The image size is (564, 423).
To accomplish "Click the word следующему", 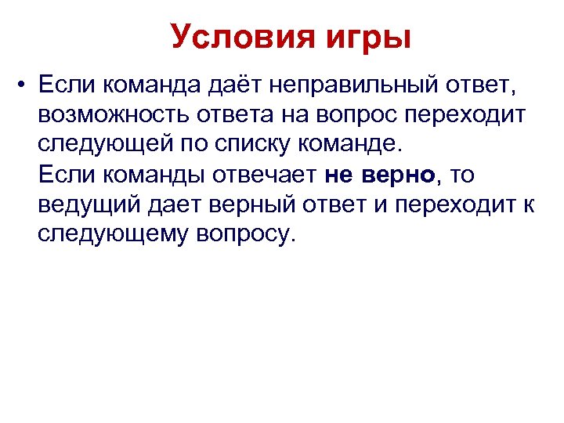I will pos(110,234).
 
